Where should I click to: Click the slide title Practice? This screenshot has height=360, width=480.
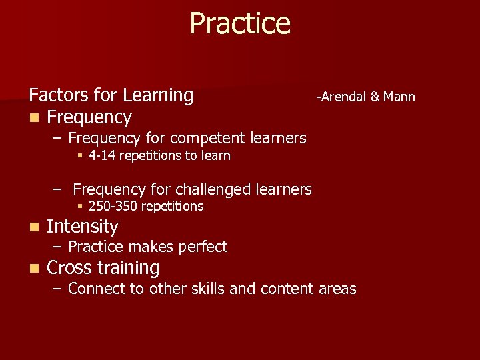240,23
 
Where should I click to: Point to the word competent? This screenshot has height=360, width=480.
208,139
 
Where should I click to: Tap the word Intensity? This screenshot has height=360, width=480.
82,227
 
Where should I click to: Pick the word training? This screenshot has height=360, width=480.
130,269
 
